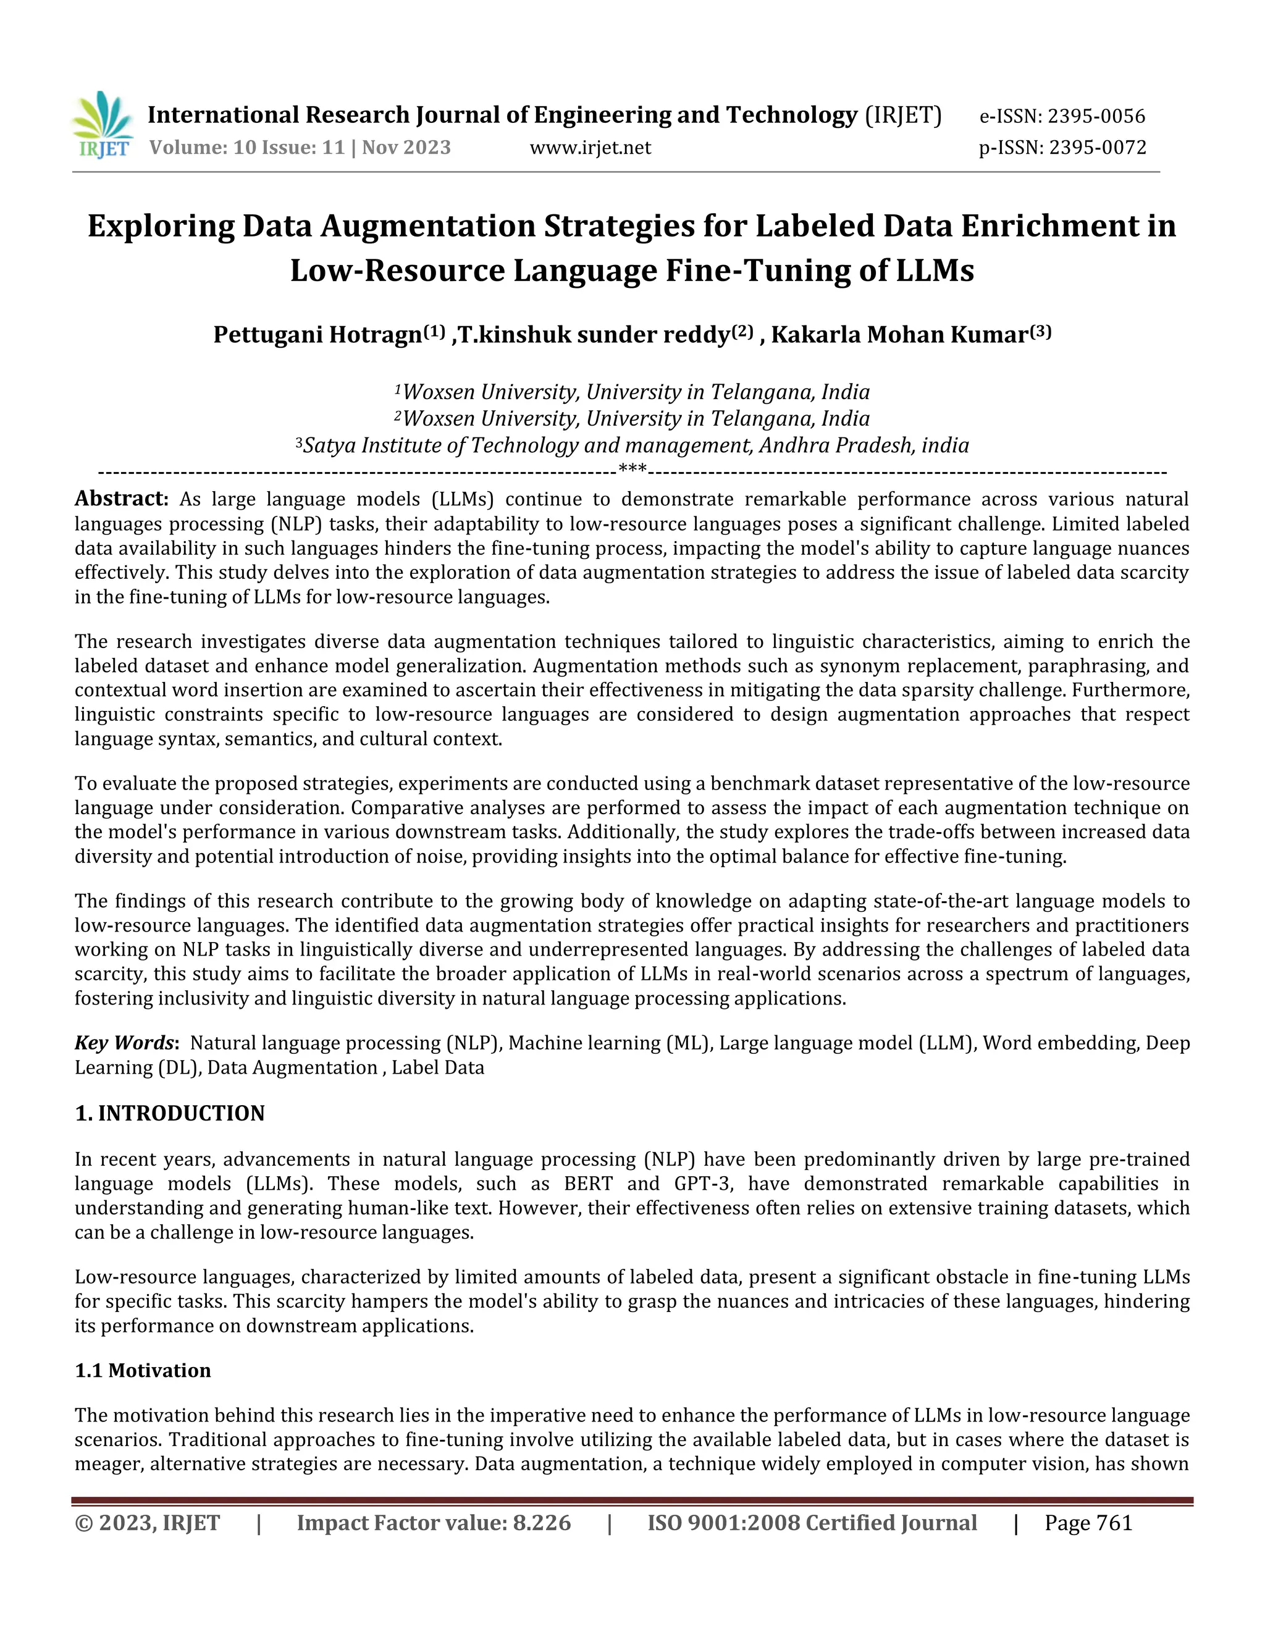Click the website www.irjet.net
[x=590, y=148]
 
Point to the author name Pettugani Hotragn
[x=317, y=334]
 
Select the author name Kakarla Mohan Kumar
[x=899, y=334]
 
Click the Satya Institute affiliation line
[x=632, y=445]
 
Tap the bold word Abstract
[x=120, y=499]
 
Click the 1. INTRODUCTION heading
[x=170, y=1113]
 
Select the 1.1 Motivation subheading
[x=143, y=1370]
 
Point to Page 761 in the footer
[x=1088, y=1523]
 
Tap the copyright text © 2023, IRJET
[x=148, y=1523]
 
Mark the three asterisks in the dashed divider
[x=632, y=470]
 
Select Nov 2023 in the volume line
[x=406, y=148]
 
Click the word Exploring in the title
[x=161, y=226]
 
